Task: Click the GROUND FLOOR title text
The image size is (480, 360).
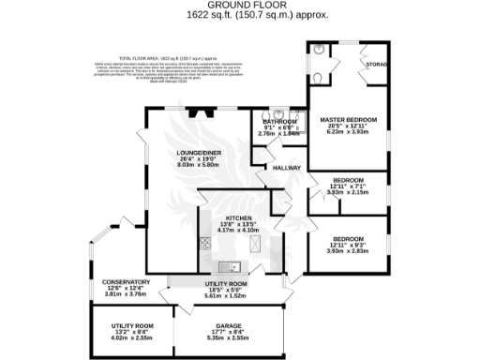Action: coord(240,5)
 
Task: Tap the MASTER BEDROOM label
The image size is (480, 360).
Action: coord(348,121)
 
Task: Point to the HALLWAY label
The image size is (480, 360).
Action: coord(285,169)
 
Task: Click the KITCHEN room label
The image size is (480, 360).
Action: coord(234,217)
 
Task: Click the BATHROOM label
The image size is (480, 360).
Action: coord(278,122)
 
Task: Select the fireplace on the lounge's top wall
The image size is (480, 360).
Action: coord(196,112)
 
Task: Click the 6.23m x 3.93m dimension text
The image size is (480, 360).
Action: coord(348,133)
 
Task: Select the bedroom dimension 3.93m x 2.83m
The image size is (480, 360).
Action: coord(348,251)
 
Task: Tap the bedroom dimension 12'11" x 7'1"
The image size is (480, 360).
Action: coord(348,186)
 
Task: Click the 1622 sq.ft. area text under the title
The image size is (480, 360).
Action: coord(240,16)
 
